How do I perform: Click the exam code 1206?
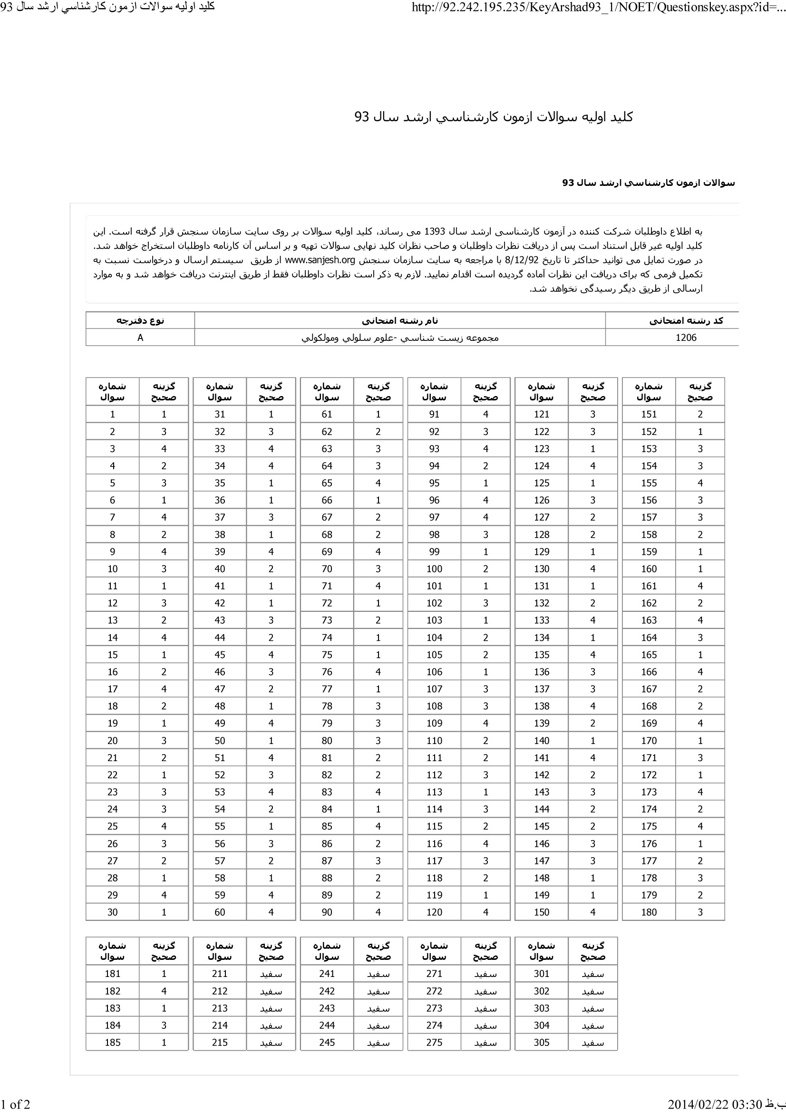[x=686, y=338]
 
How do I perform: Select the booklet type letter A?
[x=140, y=338]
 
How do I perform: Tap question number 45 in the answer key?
[x=220, y=654]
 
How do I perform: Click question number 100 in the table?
[x=435, y=569]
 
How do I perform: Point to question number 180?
[x=649, y=912]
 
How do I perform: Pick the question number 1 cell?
[x=113, y=414]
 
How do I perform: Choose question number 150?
[x=542, y=912]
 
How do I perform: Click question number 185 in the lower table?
[x=113, y=1042]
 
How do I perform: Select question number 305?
[x=542, y=1042]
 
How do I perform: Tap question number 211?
[x=220, y=974]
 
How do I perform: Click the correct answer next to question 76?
[x=378, y=672]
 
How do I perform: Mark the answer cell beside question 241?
[x=378, y=974]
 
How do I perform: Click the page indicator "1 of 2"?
[x=16, y=1104]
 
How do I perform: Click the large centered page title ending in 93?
[x=494, y=117]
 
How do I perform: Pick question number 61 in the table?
[x=327, y=414]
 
